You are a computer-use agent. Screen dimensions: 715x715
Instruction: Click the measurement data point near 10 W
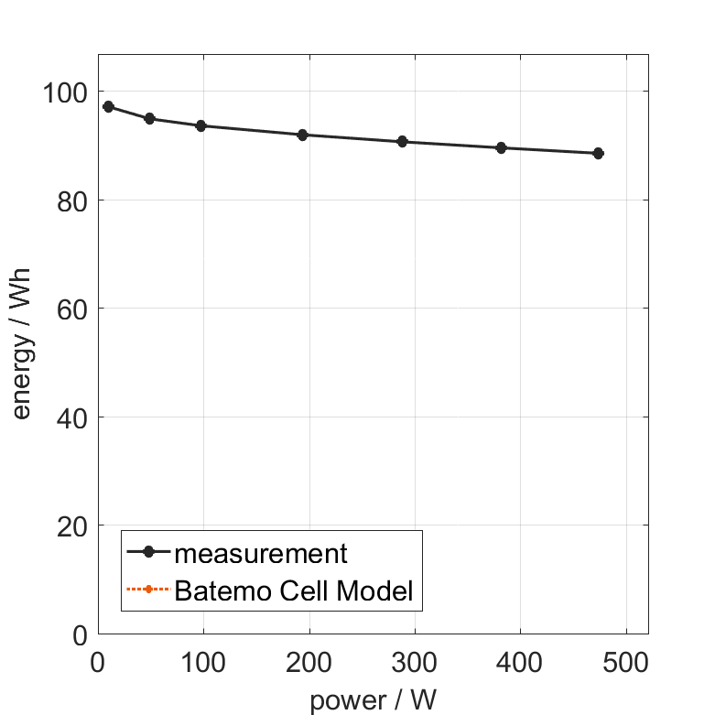pyautogui.click(x=108, y=107)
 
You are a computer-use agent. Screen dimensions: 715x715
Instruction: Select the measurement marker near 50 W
pyautogui.click(x=149, y=119)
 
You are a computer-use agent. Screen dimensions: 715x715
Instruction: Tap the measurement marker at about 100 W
pyautogui.click(x=200, y=125)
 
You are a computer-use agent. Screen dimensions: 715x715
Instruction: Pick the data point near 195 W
pyautogui.click(x=302, y=135)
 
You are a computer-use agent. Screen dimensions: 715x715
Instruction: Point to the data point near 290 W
pyautogui.click(x=402, y=142)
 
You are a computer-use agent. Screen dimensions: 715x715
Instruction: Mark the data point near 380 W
pyautogui.click(x=501, y=147)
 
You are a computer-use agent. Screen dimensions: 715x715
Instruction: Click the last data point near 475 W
pyautogui.click(x=598, y=154)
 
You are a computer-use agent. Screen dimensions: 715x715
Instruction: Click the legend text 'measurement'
pyautogui.click(x=261, y=554)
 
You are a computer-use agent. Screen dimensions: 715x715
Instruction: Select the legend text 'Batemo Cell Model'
pyautogui.click(x=293, y=590)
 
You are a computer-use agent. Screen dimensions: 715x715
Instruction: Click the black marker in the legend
pyautogui.click(x=147, y=552)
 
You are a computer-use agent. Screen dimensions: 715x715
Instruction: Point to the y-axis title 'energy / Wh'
pyautogui.click(x=22, y=343)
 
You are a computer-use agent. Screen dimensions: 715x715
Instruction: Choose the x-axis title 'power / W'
pyautogui.click(x=373, y=700)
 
